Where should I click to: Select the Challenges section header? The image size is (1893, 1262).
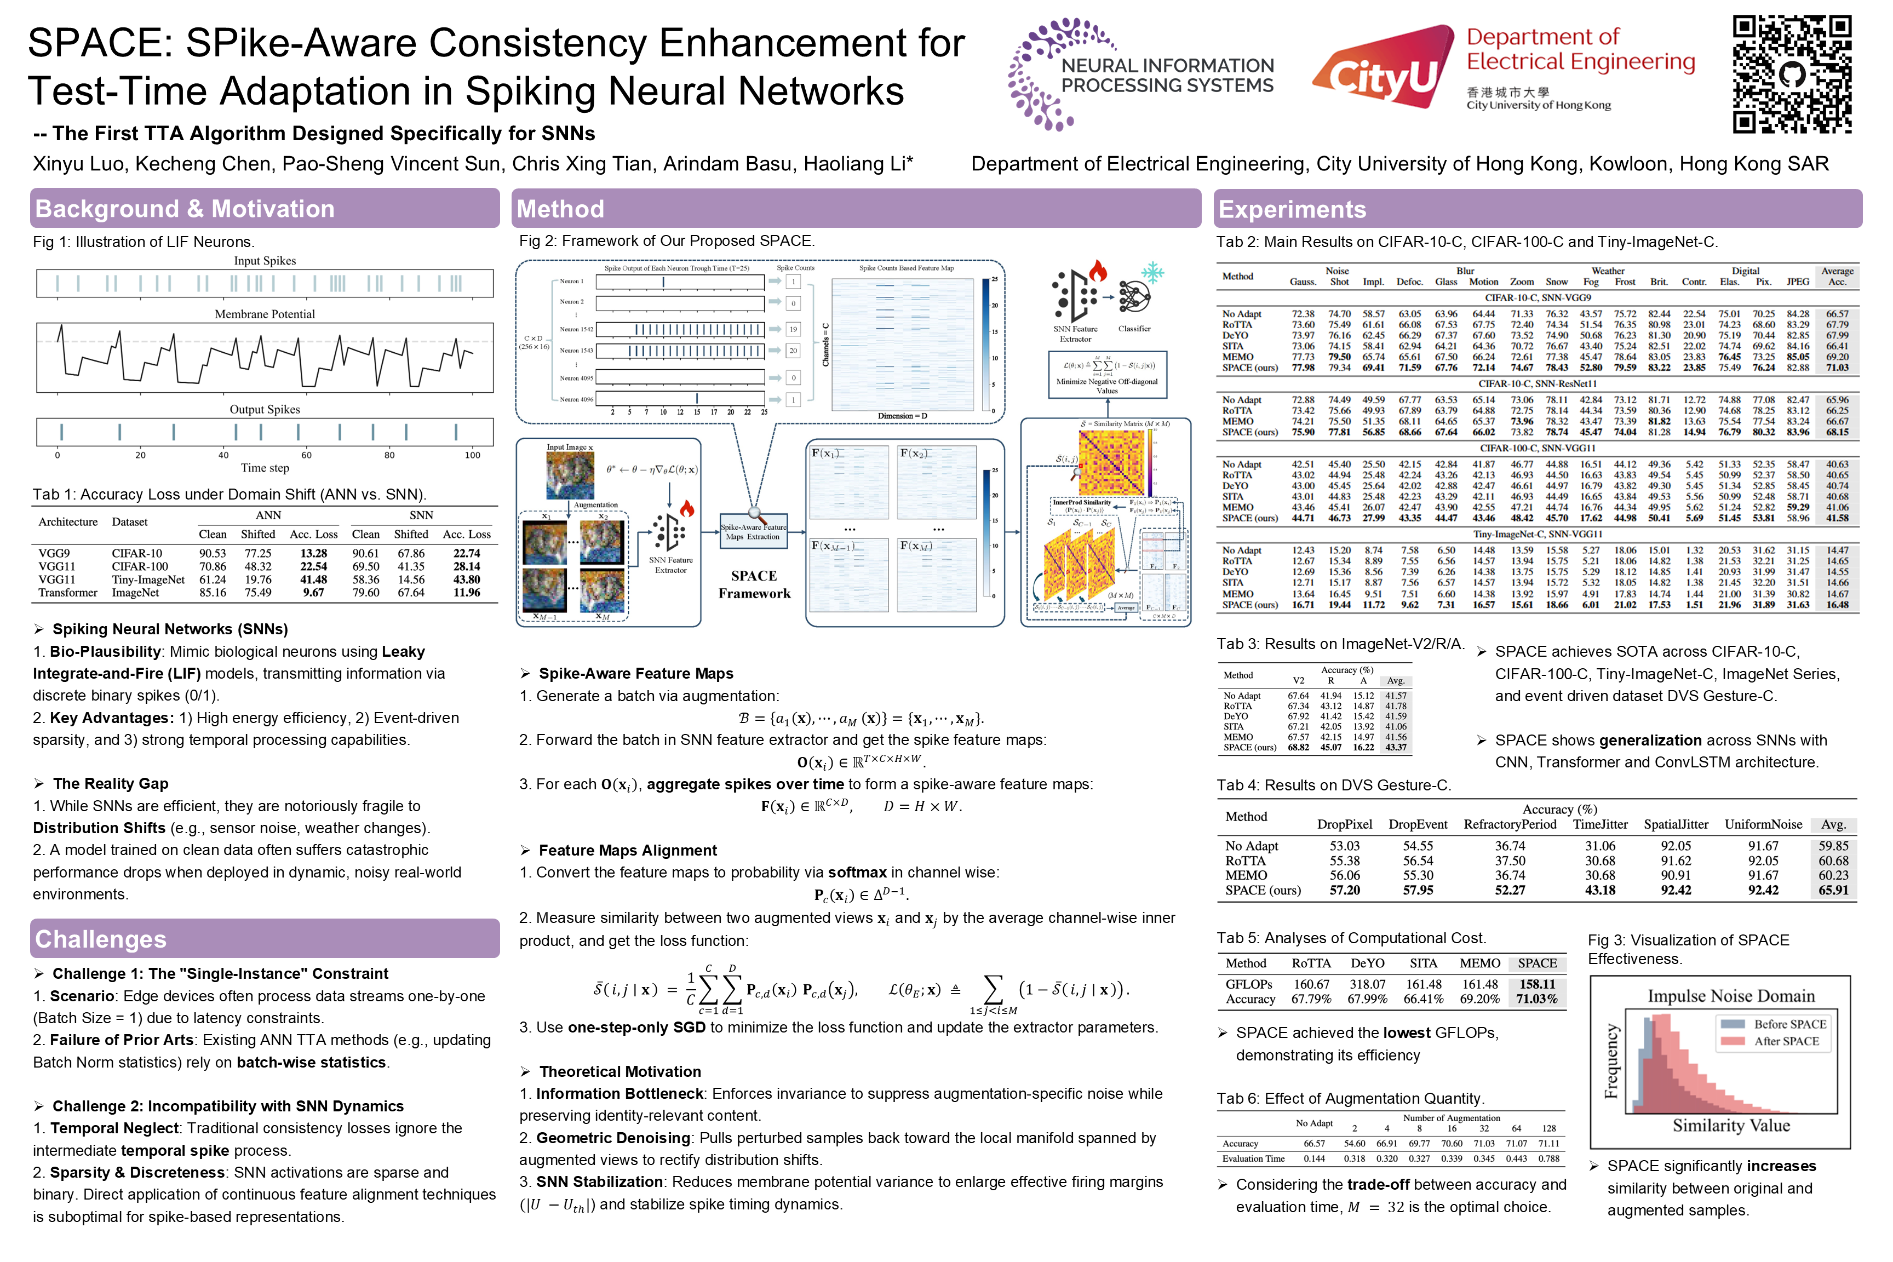click(x=101, y=938)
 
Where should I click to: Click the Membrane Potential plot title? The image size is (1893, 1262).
click(x=265, y=314)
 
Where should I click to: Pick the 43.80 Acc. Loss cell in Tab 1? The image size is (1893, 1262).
click(x=466, y=580)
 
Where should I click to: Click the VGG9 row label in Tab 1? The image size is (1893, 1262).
click(x=55, y=553)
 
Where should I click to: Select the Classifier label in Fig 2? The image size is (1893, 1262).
click(x=1134, y=329)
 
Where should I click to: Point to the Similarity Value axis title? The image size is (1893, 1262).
click(x=1731, y=1125)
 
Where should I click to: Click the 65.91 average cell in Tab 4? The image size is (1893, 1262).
click(x=1833, y=890)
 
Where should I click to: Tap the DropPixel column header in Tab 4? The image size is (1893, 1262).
click(x=1344, y=824)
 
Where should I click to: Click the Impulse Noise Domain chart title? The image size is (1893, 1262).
click(x=1730, y=996)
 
